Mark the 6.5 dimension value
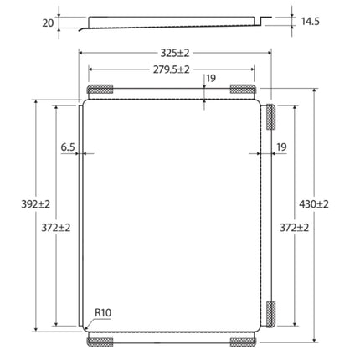68,147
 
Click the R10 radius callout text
103,313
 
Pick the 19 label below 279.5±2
211,79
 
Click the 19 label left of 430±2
281,147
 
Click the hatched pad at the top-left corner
100,89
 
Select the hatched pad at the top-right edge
243,89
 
